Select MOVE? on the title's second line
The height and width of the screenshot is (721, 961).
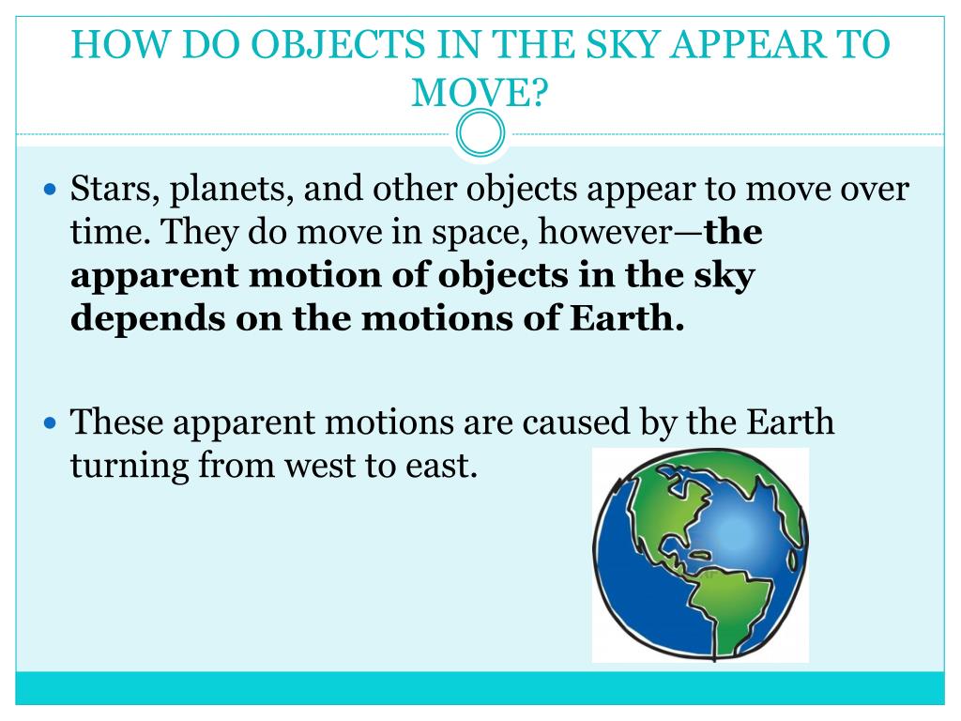point(480,91)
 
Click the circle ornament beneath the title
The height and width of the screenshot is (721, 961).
point(480,134)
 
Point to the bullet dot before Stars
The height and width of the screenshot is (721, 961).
point(52,190)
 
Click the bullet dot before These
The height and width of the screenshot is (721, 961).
point(52,422)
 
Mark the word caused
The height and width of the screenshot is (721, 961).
point(579,422)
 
